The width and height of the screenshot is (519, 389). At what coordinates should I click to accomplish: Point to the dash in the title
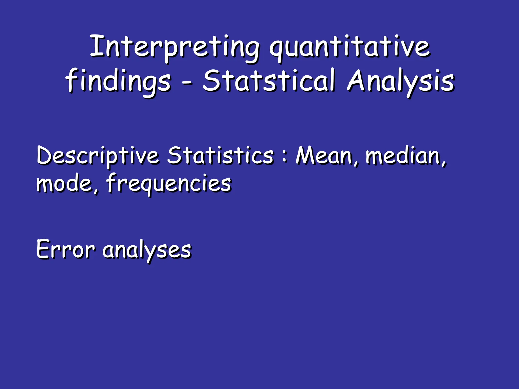[187, 82]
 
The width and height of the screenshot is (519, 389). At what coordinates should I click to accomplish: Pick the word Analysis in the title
[401, 81]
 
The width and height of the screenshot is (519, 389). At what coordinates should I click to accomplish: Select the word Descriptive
[98, 156]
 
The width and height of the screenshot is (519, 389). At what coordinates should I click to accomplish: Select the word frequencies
[169, 183]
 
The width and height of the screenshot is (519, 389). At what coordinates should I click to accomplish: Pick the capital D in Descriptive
[45, 155]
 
